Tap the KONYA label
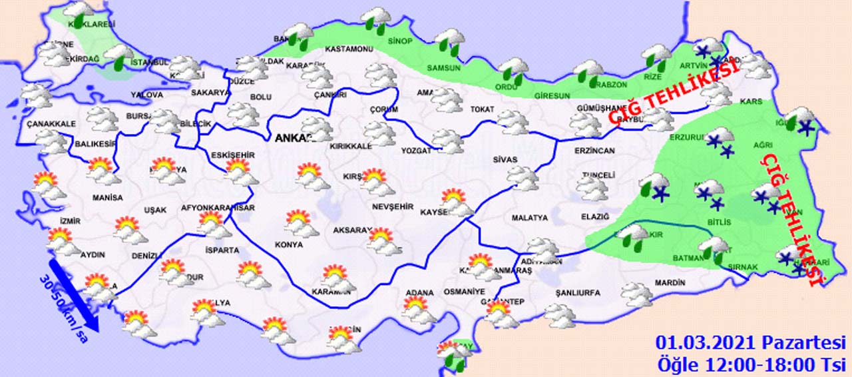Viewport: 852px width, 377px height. [x=288, y=244]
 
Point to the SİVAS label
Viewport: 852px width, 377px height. [x=505, y=160]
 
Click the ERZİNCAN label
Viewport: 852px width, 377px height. [x=594, y=151]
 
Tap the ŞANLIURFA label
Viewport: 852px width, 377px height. [x=577, y=293]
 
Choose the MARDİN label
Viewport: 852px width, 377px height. [x=670, y=283]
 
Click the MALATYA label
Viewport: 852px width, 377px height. [x=529, y=218]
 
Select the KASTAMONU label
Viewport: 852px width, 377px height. [x=348, y=49]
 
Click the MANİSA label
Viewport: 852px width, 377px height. [x=107, y=198]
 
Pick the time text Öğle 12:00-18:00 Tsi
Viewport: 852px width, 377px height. [x=750, y=364]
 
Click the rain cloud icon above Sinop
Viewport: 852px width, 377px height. [x=377, y=20]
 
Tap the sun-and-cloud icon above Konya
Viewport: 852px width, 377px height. [x=301, y=224]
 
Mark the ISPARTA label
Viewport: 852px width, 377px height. [x=222, y=250]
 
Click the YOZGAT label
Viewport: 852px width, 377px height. [x=416, y=151]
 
